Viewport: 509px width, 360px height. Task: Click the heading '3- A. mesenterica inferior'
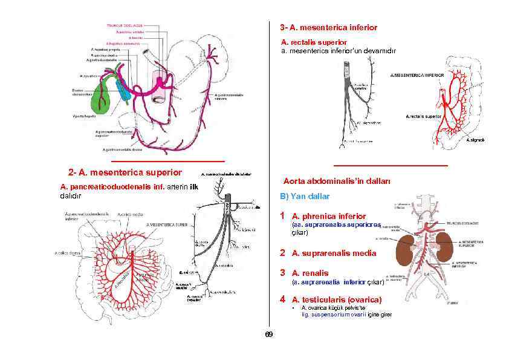(328, 28)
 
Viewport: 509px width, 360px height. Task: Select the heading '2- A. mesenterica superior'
(125, 172)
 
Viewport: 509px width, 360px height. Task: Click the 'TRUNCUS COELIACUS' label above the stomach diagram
(125, 25)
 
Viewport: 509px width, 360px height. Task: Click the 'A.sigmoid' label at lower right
(475, 140)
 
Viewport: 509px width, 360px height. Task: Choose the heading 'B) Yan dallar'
(305, 197)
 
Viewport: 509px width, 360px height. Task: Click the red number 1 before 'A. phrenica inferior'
(282, 215)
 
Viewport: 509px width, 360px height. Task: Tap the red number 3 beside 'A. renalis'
(282, 273)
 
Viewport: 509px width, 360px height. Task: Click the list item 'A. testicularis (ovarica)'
(336, 299)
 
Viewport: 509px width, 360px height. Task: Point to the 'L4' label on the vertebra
(426, 276)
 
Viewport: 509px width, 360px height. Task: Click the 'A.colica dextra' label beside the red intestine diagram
(68, 253)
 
